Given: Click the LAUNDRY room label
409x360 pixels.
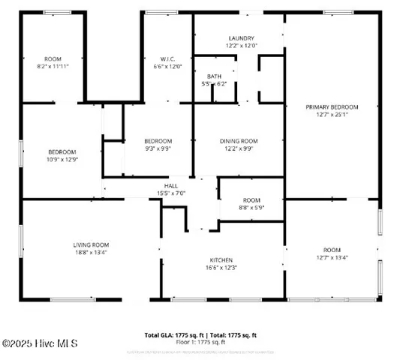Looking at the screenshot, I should [241, 38].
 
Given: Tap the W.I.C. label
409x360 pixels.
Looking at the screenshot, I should [167, 58].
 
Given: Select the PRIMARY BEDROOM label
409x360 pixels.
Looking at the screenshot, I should [331, 106].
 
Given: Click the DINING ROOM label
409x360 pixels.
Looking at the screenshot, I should [239, 141].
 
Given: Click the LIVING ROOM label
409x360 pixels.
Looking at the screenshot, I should [91, 244].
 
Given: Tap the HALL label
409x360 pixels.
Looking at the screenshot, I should [171, 186].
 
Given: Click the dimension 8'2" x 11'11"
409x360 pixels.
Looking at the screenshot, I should [53, 66].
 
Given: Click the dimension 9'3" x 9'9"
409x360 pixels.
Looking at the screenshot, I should [158, 148].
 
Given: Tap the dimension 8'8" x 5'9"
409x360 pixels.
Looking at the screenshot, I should [251, 208].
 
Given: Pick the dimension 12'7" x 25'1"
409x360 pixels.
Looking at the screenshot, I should [331, 115].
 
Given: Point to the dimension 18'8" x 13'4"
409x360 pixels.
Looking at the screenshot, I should [91, 253].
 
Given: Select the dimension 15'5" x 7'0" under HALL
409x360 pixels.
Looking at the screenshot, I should [171, 193].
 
